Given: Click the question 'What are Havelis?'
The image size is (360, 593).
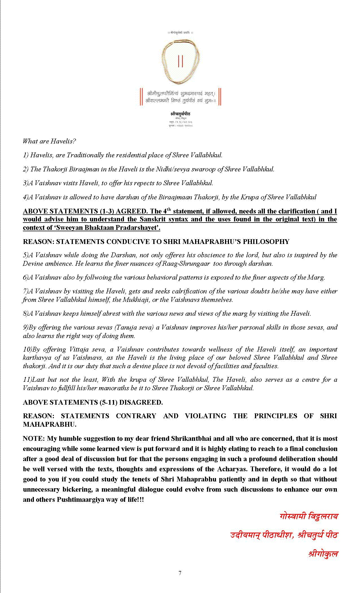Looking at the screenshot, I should point(49,141).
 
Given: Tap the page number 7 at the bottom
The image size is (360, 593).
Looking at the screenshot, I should point(180,573).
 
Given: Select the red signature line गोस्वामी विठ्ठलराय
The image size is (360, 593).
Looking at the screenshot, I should point(309,516).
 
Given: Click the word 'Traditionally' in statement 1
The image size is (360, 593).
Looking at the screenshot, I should point(85,155).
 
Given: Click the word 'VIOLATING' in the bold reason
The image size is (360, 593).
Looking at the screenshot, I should point(205,416).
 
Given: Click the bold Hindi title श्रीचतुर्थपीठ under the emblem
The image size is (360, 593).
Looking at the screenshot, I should point(180,114).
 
